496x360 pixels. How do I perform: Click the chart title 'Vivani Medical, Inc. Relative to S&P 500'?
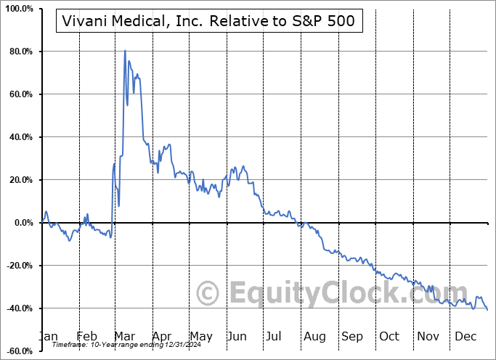pos(205,21)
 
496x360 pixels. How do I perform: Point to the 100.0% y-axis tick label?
pos(19,9)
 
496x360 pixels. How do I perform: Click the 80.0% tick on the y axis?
pos(20,52)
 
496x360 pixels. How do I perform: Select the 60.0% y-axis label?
pos(20,94)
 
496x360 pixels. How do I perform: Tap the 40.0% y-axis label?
pos(20,137)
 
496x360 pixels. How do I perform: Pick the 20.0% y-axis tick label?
pos(20,180)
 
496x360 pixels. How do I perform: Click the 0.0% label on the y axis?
pos(23,223)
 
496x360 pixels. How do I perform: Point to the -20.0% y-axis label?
pos(19,266)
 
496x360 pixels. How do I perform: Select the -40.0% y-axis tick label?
pos(19,308)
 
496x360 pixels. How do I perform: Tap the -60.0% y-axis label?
pos(19,351)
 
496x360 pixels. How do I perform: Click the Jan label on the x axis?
pos(49,336)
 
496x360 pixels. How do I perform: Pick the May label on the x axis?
pos(200,336)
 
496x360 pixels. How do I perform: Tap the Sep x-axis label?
pos(352,336)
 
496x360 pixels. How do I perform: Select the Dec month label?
pos(465,336)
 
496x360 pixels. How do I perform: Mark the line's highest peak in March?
pos(125,51)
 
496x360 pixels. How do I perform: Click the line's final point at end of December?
pos(487,310)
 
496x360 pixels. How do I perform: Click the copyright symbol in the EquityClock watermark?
pos(208,294)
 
